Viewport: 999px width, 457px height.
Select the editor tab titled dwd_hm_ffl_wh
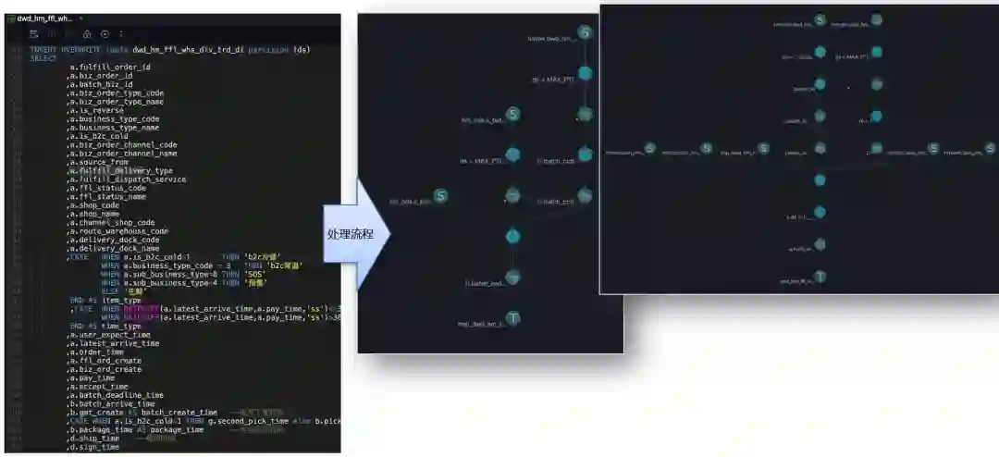(43, 19)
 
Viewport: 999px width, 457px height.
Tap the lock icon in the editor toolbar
(87, 33)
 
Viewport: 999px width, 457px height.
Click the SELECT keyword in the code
(43, 58)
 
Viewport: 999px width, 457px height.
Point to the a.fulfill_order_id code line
(109, 68)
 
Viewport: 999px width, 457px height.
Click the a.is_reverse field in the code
(96, 110)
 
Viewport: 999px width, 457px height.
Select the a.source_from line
(98, 162)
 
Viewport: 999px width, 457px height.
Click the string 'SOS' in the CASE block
(255, 274)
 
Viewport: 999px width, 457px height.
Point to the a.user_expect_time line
(109, 335)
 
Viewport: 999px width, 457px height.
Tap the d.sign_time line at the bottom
(93, 448)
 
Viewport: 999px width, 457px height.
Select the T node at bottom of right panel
(820, 277)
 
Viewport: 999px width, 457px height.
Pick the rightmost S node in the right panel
(990, 148)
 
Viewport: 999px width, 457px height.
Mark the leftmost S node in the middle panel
(441, 196)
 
